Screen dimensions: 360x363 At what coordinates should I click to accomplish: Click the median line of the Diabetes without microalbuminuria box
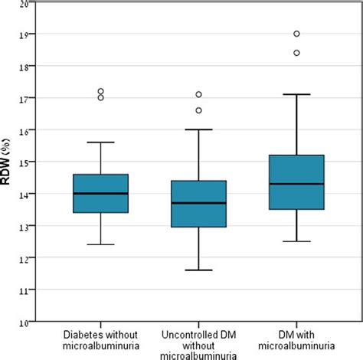(100, 194)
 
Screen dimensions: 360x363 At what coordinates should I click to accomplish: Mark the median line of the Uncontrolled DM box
(198, 203)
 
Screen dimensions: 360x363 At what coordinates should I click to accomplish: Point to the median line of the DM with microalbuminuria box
(296, 184)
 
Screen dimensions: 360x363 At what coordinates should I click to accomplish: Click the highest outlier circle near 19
(296, 34)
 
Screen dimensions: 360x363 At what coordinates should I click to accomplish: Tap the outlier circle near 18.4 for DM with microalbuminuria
(296, 53)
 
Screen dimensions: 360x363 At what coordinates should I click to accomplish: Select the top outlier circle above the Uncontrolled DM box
(198, 94)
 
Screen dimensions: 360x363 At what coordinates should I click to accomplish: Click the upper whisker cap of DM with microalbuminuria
(296, 94)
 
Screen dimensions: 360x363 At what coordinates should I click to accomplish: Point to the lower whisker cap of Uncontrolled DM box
(198, 270)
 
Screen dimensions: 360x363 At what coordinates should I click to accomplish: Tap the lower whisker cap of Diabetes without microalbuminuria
(100, 244)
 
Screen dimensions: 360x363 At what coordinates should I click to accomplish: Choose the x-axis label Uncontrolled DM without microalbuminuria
(198, 345)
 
